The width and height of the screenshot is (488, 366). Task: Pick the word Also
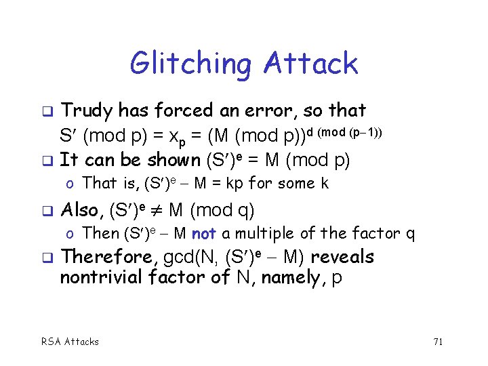[79, 211]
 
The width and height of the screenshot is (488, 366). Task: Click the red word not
[203, 234]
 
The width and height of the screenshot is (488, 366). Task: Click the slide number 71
[437, 342]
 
